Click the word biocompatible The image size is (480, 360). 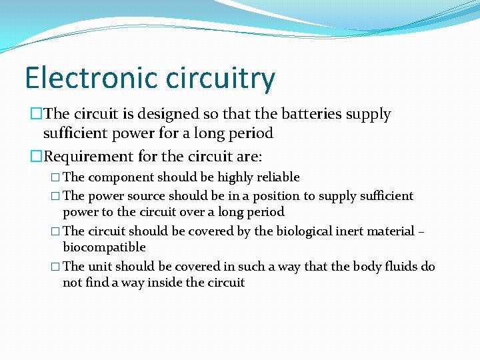104,247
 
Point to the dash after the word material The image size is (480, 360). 421,231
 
